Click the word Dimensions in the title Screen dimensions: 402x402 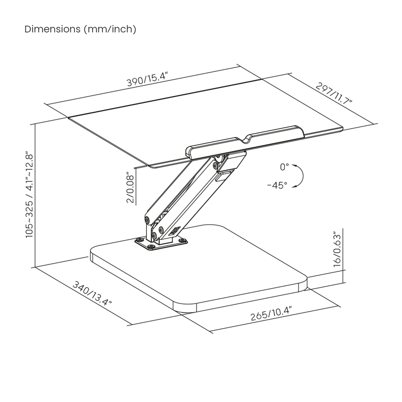[x=52, y=29]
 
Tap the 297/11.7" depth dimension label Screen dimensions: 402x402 [x=334, y=93]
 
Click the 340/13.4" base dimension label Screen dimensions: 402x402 [x=92, y=293]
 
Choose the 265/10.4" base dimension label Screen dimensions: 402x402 [x=271, y=314]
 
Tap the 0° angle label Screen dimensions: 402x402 [x=284, y=167]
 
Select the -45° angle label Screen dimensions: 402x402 [x=277, y=185]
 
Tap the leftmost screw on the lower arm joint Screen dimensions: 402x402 [x=147, y=220]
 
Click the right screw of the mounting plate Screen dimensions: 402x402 [x=182, y=240]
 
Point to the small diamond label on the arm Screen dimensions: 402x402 [x=174, y=231]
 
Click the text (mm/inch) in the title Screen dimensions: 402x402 [x=110, y=29]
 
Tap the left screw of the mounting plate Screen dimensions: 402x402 [x=140, y=240]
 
